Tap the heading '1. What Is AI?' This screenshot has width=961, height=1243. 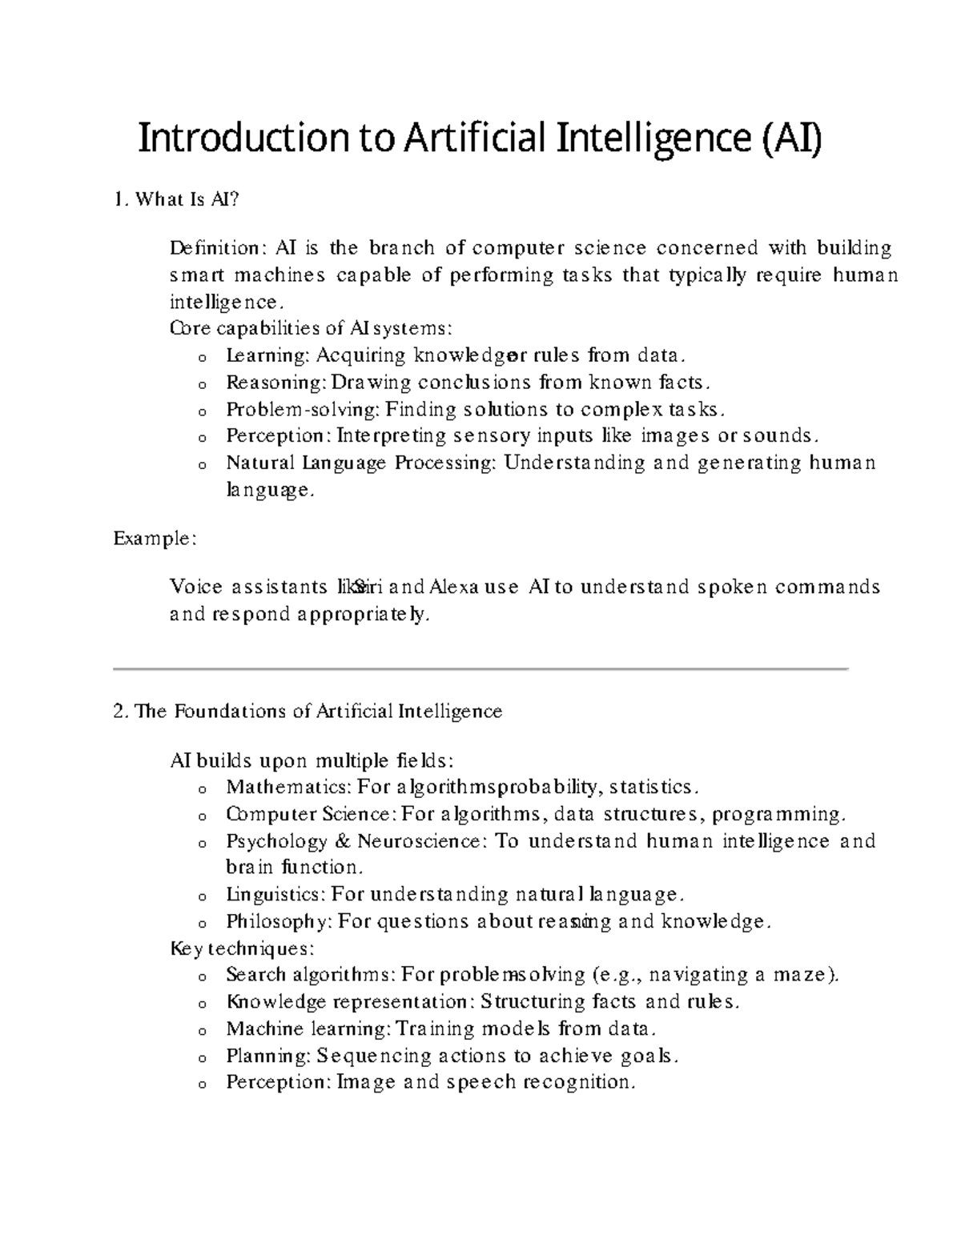tap(176, 200)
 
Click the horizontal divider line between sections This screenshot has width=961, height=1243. tap(480, 668)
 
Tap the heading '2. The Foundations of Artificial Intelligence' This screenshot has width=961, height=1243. tap(308, 712)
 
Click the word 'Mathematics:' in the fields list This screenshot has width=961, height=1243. tap(288, 788)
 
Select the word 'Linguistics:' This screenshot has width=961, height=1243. tap(275, 895)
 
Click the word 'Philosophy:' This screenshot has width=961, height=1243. tap(279, 922)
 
